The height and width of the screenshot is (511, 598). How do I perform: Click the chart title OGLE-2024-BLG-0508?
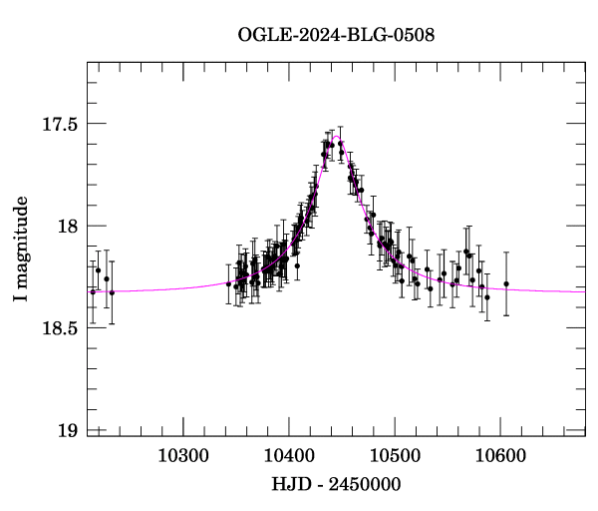pos(336,36)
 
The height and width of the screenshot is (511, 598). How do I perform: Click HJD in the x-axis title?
pos(291,484)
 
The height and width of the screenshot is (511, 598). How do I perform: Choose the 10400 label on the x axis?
pos(289,456)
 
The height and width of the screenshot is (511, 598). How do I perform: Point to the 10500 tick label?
pos(395,456)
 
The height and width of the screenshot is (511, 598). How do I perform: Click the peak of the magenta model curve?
pos(337,137)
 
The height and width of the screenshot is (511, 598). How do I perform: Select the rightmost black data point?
pos(506,284)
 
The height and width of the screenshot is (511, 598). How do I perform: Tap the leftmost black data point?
pos(93,291)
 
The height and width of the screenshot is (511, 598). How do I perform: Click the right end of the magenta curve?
pos(584,291)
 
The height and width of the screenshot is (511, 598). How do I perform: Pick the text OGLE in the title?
pos(261,36)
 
